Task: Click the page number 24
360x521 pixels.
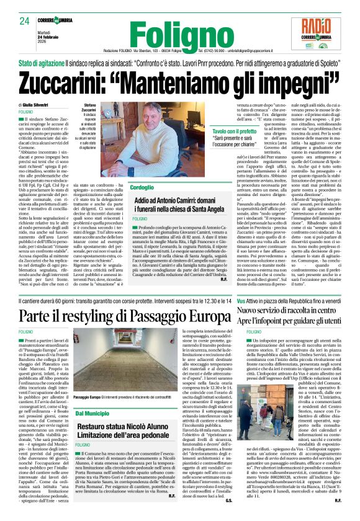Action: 24,22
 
